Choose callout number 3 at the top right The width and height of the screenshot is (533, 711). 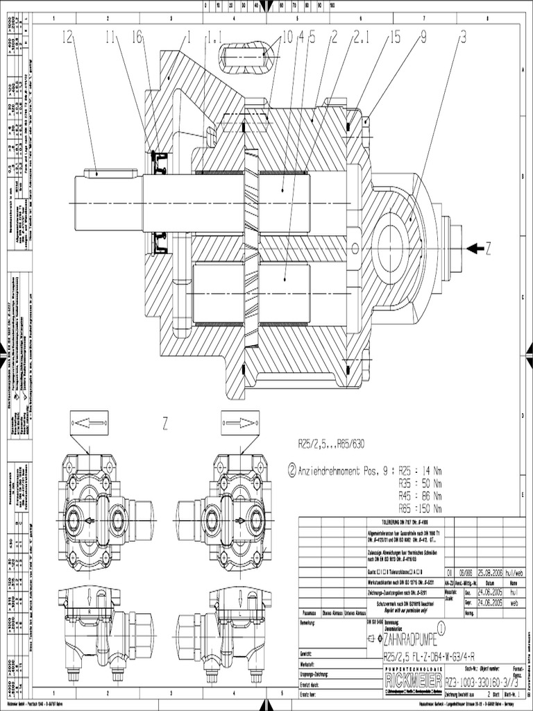462,37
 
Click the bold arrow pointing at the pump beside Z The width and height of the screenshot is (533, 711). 477,248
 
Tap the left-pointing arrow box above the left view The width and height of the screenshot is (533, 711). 90,421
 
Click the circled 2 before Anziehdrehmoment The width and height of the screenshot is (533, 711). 291,469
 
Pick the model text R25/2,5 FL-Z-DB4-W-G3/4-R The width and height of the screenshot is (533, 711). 437,655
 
